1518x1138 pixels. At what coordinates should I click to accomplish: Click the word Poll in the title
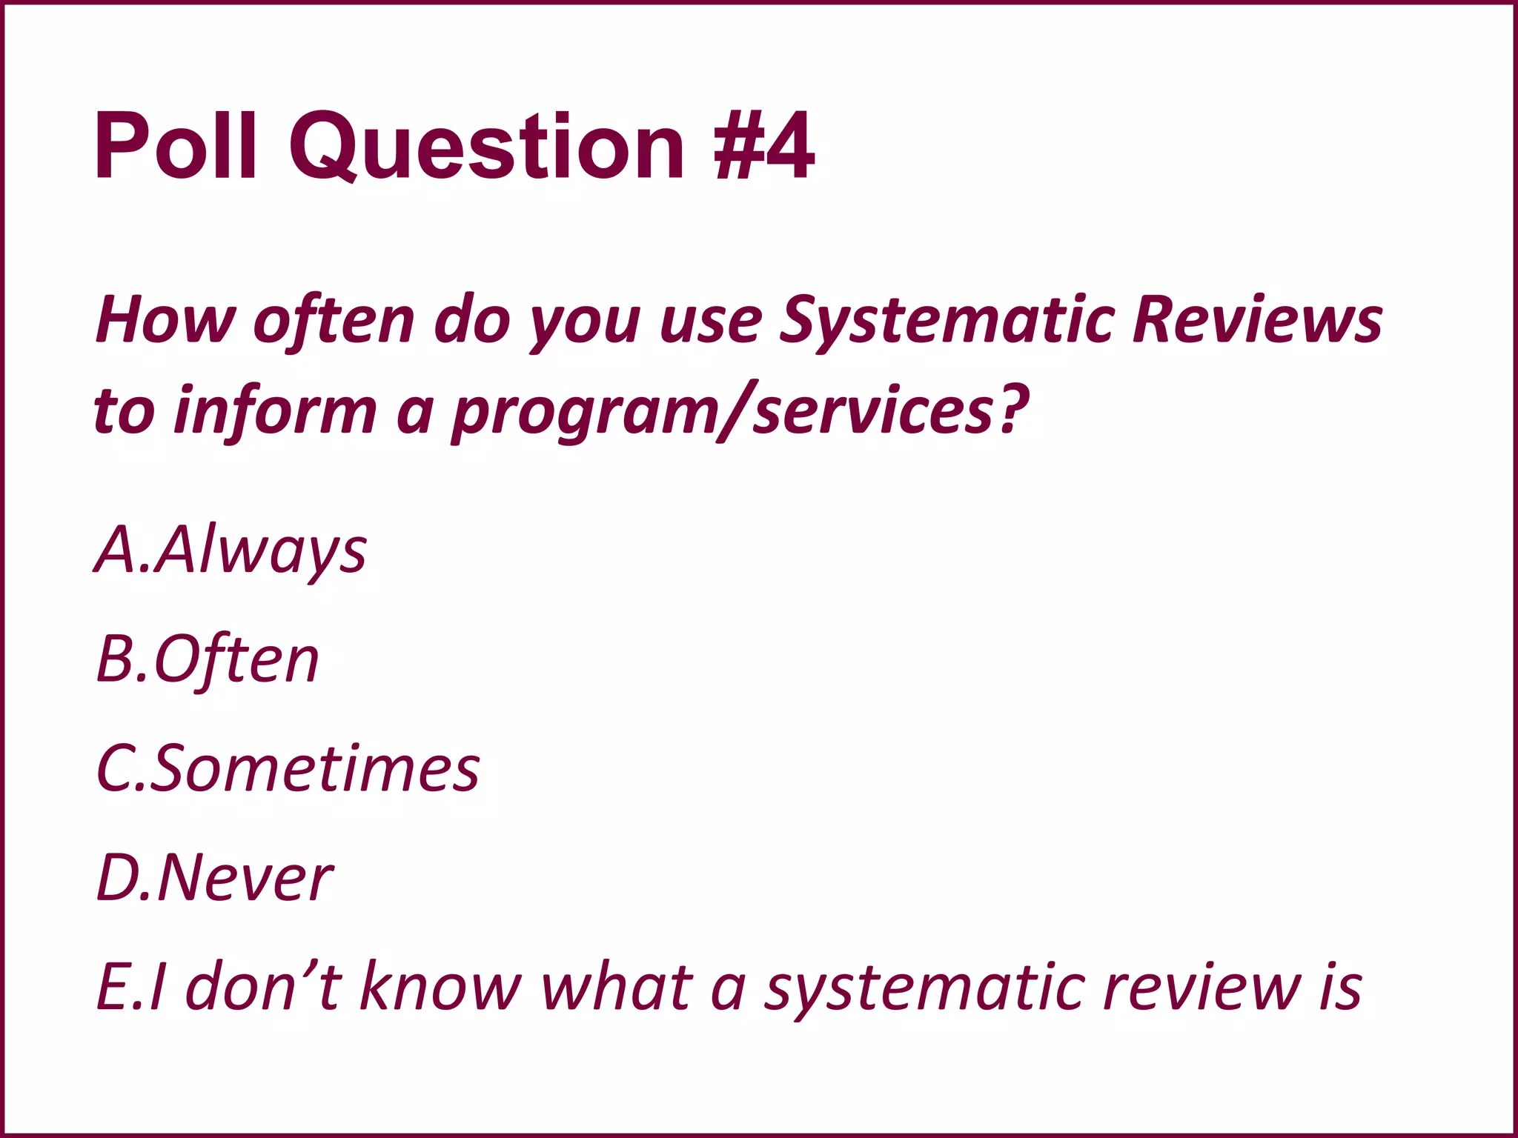(176, 145)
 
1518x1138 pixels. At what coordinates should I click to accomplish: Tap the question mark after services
(1012, 409)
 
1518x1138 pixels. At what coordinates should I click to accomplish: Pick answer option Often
(236, 659)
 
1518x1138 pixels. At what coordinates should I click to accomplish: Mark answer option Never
(245, 879)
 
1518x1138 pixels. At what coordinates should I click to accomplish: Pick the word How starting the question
(165, 320)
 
